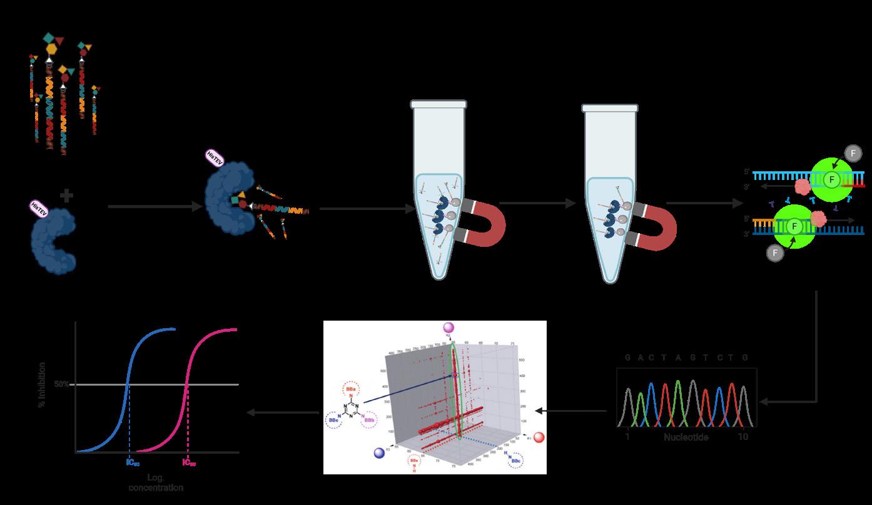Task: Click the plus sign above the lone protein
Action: (x=66, y=196)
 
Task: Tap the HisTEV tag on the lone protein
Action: (x=39, y=207)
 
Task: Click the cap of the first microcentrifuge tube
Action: (x=439, y=104)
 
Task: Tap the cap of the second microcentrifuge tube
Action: (x=610, y=108)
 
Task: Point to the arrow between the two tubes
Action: (x=538, y=203)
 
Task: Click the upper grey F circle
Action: (x=853, y=153)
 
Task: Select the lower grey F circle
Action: (x=775, y=252)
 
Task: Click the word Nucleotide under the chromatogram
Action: (x=686, y=437)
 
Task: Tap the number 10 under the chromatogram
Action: (x=743, y=437)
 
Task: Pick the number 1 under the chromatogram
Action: (x=627, y=437)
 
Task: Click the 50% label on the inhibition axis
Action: (x=61, y=384)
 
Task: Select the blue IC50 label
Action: (x=133, y=463)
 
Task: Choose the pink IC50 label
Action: (x=189, y=463)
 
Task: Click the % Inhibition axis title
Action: (x=43, y=384)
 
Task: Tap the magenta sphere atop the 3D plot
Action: (x=449, y=327)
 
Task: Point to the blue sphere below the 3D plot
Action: (x=378, y=453)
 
